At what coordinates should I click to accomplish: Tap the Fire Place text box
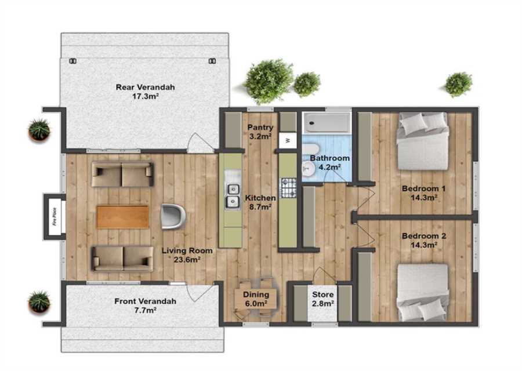click(x=55, y=216)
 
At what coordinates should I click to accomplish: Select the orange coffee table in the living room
click(x=123, y=217)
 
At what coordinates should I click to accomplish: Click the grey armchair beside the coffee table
click(x=173, y=217)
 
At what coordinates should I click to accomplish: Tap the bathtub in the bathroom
click(x=327, y=123)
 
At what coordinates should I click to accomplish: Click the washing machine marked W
click(x=288, y=140)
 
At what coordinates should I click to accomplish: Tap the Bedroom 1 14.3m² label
click(x=423, y=193)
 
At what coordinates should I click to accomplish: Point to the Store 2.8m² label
click(x=323, y=299)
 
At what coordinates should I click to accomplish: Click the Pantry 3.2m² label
click(x=260, y=132)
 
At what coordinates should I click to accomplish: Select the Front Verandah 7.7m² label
click(x=145, y=305)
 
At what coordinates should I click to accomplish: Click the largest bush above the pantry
click(x=269, y=81)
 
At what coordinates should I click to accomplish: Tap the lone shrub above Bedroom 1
click(x=459, y=84)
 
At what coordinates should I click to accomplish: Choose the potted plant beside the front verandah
click(x=39, y=302)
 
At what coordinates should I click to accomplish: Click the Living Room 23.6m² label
click(x=187, y=255)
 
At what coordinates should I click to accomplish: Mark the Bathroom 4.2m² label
click(x=329, y=162)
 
